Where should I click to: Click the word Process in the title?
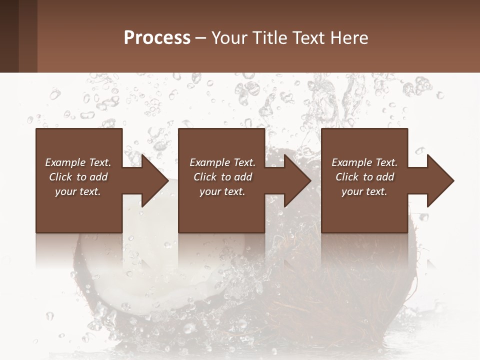point(157,38)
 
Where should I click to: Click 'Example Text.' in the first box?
point(78,162)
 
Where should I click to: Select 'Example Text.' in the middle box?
point(222,162)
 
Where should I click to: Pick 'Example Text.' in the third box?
point(364,162)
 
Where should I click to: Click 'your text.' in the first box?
point(78,191)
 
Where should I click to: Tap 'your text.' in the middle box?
point(222,191)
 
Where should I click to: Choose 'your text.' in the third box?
point(364,191)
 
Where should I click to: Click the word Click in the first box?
point(61,177)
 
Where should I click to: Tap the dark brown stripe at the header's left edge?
point(9,36)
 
